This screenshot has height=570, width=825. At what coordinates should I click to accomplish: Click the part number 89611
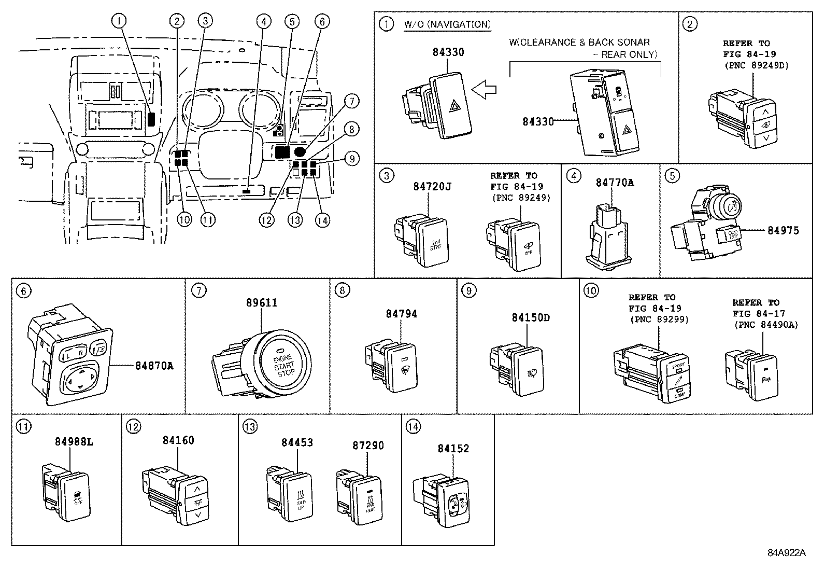pos(261,303)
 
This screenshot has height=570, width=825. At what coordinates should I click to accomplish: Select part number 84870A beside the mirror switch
pos(154,366)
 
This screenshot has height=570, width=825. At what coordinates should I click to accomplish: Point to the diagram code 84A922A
pos(787,553)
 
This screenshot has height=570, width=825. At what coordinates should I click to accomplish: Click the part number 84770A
pos(615,183)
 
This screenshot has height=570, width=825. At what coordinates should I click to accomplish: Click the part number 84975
pos(783,230)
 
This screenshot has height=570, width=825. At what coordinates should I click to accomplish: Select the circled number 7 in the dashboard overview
pos(351,101)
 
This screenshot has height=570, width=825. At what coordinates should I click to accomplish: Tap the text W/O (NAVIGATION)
pos(447,24)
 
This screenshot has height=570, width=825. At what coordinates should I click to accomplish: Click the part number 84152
pos(453,449)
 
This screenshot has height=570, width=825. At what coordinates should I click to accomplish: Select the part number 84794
pos(401,314)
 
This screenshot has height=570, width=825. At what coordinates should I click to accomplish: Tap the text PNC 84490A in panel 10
pos(766,325)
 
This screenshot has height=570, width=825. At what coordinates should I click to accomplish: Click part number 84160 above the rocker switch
pos(178,440)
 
